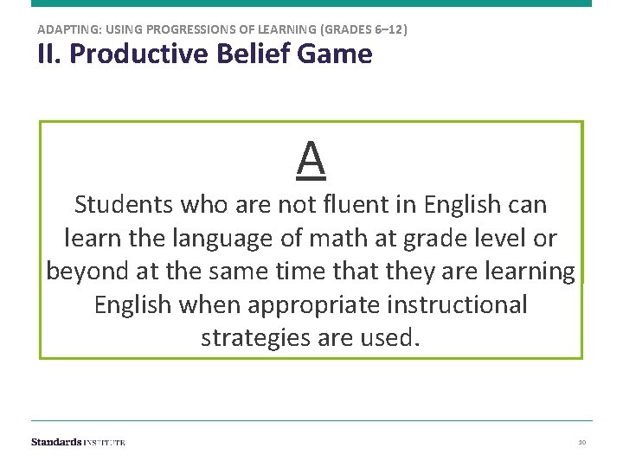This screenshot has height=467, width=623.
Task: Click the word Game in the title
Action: tap(341, 54)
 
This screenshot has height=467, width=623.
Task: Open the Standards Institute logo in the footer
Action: tap(78, 442)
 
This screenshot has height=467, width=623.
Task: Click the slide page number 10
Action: tap(582, 442)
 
